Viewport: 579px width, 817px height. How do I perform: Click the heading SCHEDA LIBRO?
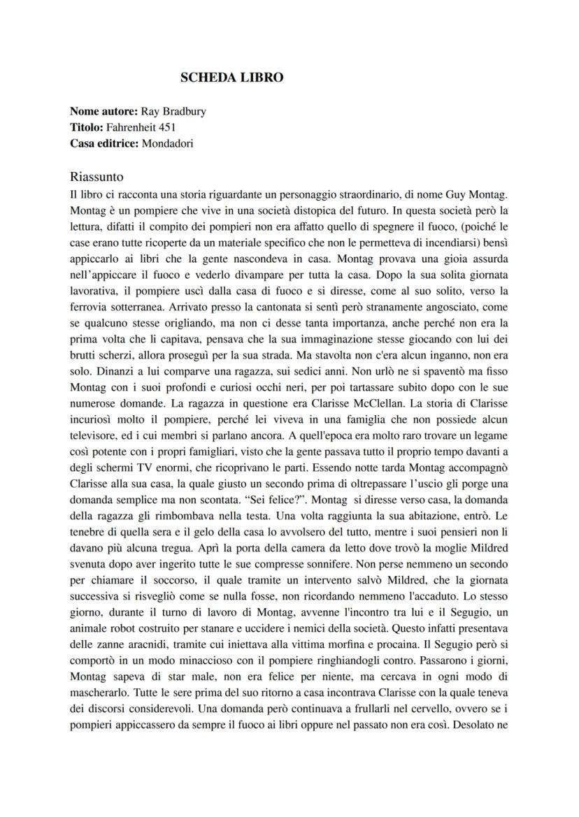(231, 78)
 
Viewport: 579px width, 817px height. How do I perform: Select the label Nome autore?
(104, 111)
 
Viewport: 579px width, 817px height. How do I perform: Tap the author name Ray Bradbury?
(173, 111)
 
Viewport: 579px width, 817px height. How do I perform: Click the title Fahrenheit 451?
(141, 127)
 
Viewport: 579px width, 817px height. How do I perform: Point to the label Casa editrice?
(105, 144)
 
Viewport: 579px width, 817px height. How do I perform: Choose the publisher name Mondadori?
(167, 144)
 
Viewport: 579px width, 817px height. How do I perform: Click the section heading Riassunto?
(96, 177)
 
